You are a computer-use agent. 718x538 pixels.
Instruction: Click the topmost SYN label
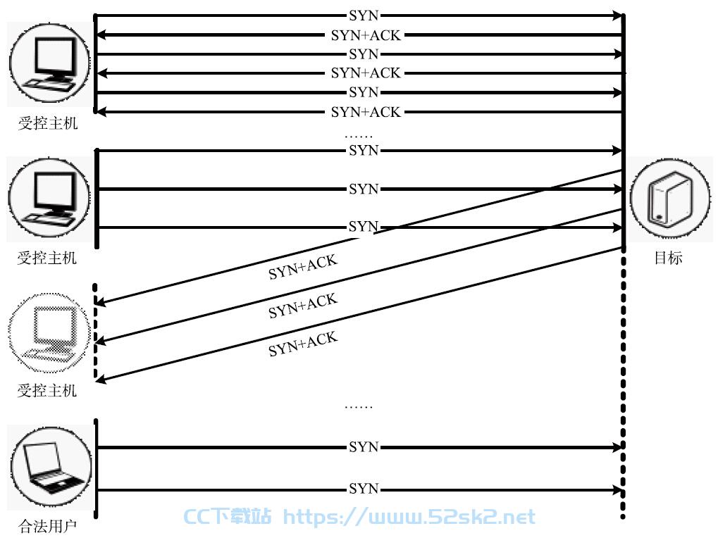point(364,15)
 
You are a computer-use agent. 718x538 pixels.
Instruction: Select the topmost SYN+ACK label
point(366,35)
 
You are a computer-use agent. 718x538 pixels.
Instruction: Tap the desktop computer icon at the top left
point(50,63)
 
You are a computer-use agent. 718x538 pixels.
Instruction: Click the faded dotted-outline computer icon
point(49,332)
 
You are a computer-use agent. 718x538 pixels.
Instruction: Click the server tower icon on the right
point(670,199)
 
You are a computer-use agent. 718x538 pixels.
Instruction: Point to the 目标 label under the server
point(668,258)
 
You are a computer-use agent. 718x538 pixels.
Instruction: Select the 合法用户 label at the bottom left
point(48,526)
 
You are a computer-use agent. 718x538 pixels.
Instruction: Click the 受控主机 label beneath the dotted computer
point(47,391)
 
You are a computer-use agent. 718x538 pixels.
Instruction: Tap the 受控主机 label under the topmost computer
point(48,123)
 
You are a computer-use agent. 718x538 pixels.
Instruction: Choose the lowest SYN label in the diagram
point(364,489)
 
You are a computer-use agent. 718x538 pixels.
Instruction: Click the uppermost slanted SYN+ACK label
point(303,267)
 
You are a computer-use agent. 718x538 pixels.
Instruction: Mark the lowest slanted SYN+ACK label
point(303,344)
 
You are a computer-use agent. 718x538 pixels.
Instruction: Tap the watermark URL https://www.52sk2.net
point(409,518)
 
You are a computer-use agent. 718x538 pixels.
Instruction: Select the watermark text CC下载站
point(228,517)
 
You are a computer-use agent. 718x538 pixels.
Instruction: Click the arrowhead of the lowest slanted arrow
point(101,379)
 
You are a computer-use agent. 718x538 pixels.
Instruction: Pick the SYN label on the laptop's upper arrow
point(364,446)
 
